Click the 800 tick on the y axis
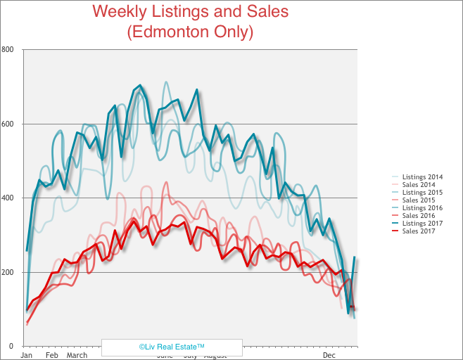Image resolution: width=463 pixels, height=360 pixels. (x=8, y=49)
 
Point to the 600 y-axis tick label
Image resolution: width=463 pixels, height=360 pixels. (x=8, y=124)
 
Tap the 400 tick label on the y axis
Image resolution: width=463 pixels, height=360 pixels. (x=8, y=198)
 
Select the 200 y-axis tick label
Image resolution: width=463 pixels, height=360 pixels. (x=8, y=272)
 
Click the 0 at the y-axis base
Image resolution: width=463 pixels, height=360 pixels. (x=11, y=346)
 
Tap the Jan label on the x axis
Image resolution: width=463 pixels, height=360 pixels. (x=26, y=355)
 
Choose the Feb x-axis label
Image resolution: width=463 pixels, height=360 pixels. (x=51, y=355)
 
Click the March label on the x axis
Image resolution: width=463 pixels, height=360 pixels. (x=77, y=355)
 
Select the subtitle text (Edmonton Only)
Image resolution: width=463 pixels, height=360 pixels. (x=190, y=32)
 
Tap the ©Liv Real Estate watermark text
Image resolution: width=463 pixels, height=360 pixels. (x=172, y=347)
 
